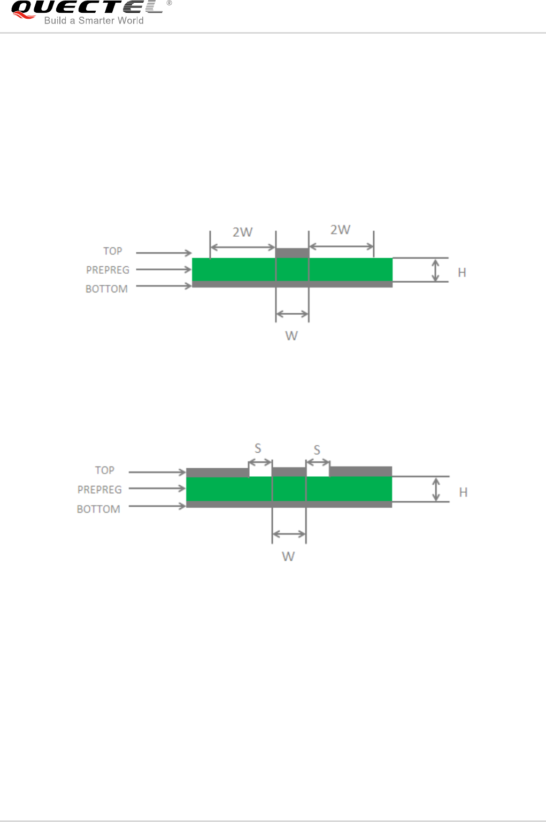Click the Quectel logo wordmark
coord(87,7)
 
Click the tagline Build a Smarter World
coord(94,20)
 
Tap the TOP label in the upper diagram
coord(112,251)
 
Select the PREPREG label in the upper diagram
coord(107,270)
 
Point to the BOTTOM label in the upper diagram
coord(106,289)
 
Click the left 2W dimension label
coord(242,232)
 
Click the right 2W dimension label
coord(340,230)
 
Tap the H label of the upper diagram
coord(462,272)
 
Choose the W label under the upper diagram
coord(291,336)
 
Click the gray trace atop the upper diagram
coord(293,253)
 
